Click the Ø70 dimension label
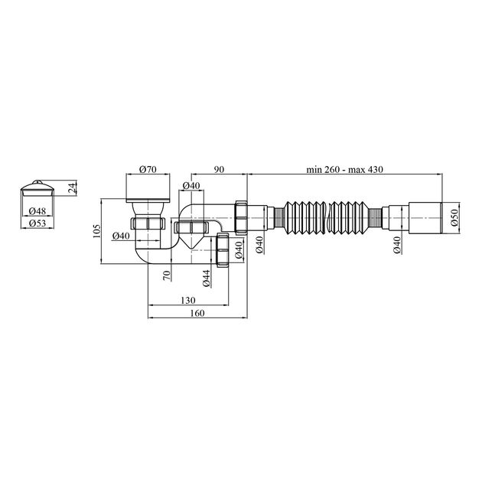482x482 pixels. tap(148, 169)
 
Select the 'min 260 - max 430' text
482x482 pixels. tap(344, 169)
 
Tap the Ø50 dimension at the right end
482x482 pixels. tap(455, 217)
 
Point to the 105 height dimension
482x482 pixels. tap(97, 231)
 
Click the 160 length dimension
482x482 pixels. tap(197, 313)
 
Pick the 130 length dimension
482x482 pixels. tap(187, 300)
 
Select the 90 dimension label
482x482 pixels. tap(220, 169)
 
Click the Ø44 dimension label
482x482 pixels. tap(207, 278)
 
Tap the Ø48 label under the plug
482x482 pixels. tap(37, 211)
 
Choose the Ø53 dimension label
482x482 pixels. tap(37, 223)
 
